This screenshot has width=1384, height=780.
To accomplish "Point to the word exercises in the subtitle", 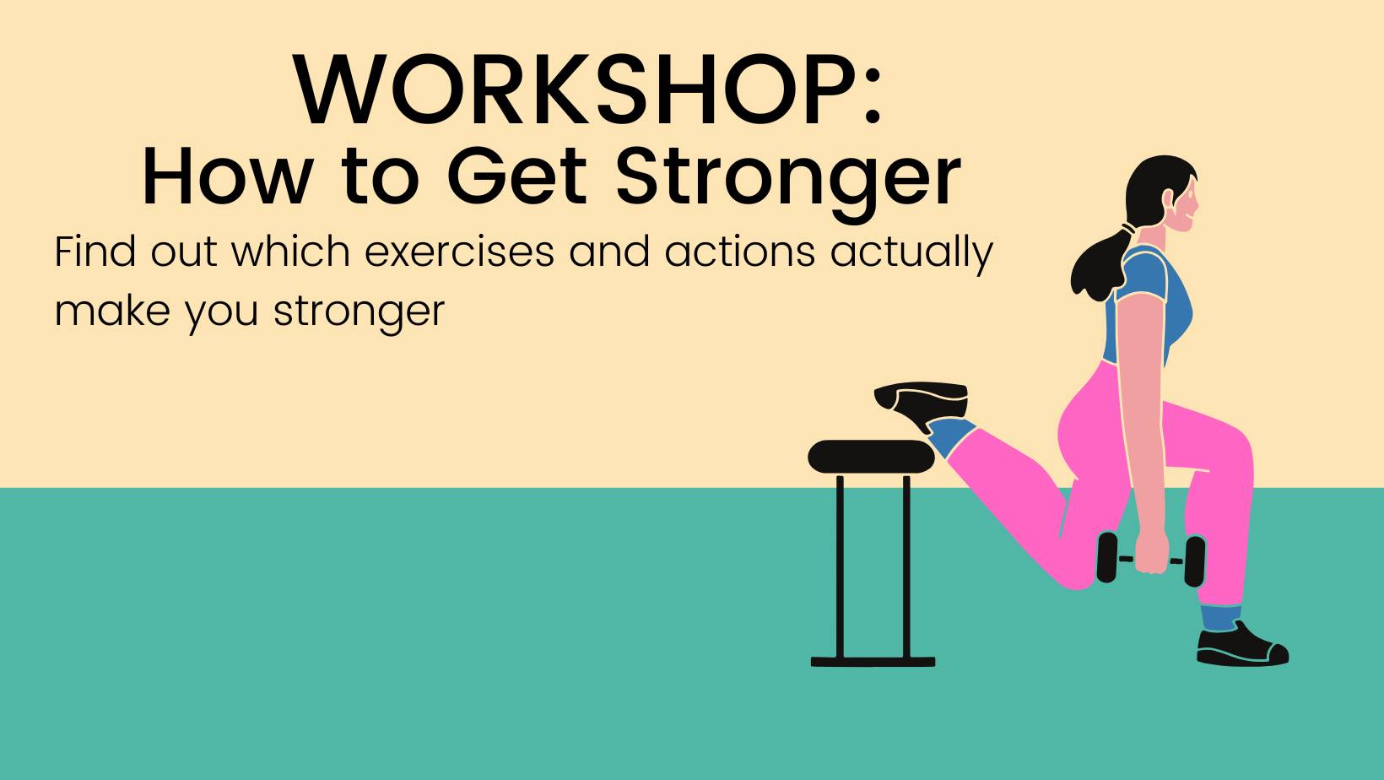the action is coord(459,252).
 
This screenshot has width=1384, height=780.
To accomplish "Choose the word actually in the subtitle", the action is coord(911,253).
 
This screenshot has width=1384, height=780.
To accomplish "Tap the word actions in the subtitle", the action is coord(739,252).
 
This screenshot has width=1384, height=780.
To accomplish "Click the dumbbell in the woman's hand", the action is coord(1151,560).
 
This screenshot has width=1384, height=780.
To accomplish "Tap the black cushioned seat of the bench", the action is coord(871,457).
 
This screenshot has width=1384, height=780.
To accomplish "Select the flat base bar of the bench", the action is coord(873,662).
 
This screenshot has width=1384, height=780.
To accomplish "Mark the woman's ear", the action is coord(1167,199).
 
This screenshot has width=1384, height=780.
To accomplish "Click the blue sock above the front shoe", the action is coord(1219,617).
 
